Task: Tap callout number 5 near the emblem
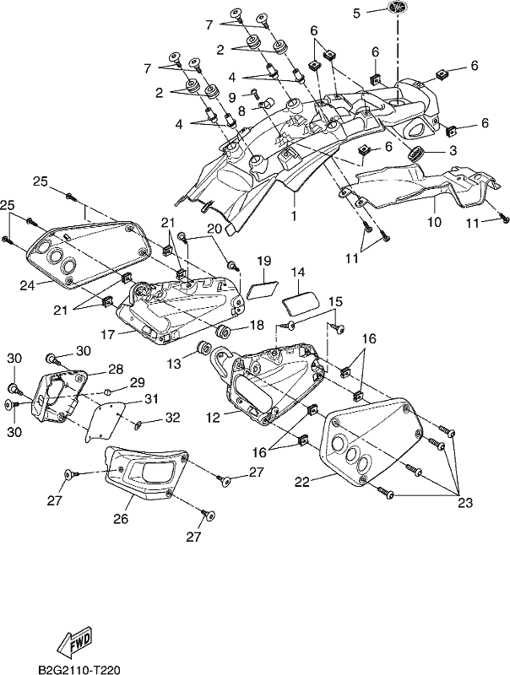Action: [x=356, y=13]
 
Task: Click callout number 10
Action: [x=435, y=222]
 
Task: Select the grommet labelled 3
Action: [x=416, y=153]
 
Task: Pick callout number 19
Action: [x=263, y=261]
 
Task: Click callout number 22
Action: [x=302, y=481]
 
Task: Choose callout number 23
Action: [x=465, y=502]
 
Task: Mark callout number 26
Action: [x=121, y=518]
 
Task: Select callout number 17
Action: [x=108, y=334]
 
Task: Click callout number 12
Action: [x=214, y=416]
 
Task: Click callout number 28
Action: [x=116, y=369]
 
